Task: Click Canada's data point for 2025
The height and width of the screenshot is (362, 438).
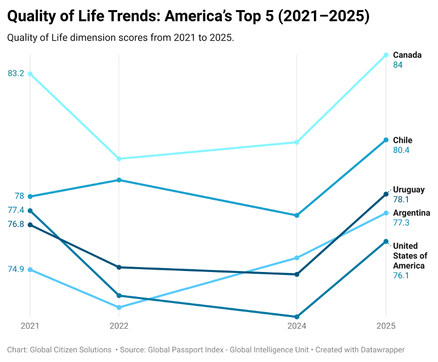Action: [x=386, y=55]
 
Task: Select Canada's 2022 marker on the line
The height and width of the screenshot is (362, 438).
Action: [x=119, y=159]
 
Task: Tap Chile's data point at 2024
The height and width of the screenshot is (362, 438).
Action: [x=297, y=215]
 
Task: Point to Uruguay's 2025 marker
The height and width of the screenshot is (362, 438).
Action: [x=386, y=194]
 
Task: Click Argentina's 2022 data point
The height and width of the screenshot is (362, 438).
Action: [x=119, y=307]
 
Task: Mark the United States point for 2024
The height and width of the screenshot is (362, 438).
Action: [x=297, y=317]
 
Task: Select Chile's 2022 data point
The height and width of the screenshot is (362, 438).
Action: [x=119, y=180]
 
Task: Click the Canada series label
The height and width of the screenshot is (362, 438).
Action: [x=407, y=55]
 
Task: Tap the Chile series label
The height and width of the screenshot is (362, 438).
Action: [x=403, y=140]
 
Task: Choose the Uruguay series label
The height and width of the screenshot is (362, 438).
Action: [x=408, y=190]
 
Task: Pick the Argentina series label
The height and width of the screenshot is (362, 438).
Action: [x=411, y=213]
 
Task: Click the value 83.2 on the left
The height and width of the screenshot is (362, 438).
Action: [x=16, y=74]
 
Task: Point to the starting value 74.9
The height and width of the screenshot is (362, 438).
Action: [x=16, y=270]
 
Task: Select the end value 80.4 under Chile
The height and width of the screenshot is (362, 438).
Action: [x=401, y=150]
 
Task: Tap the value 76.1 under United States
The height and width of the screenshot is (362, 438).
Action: [x=401, y=275]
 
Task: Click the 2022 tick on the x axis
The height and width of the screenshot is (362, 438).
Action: [x=119, y=326]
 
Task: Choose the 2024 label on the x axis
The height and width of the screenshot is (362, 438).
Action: [x=297, y=326]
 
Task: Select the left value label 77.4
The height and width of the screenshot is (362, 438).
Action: [x=16, y=210]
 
